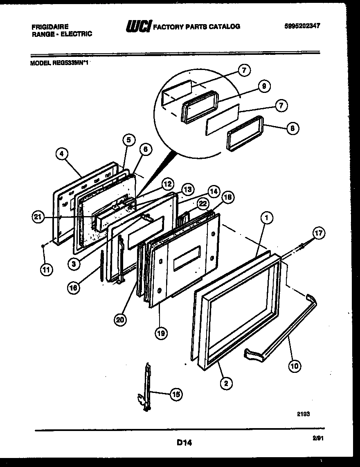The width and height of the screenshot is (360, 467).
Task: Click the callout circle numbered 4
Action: coord(62,154)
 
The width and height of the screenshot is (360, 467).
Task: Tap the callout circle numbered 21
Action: coord(39,218)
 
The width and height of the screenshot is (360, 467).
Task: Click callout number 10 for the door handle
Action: coord(294,365)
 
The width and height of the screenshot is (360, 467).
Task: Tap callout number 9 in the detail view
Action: coord(264,87)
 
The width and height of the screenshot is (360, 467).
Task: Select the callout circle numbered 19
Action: coord(160,333)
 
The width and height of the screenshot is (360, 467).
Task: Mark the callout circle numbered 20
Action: coord(120,320)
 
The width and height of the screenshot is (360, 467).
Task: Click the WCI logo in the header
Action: coord(138,27)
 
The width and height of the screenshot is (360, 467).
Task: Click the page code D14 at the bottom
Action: coord(184,442)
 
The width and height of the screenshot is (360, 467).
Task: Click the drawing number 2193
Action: coord(303,414)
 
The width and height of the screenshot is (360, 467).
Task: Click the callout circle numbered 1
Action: coord(266,219)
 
